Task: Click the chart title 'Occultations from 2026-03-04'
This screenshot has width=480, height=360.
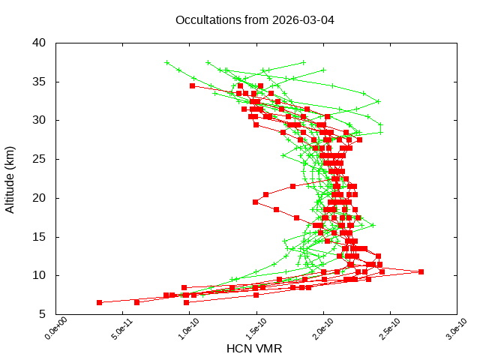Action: [254, 19]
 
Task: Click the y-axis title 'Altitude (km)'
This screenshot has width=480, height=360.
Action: [10, 178]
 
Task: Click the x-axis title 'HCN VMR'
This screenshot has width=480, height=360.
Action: [254, 348]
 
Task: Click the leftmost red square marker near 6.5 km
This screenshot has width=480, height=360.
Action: [99, 302]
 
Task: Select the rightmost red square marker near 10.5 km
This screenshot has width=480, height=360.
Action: [421, 271]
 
